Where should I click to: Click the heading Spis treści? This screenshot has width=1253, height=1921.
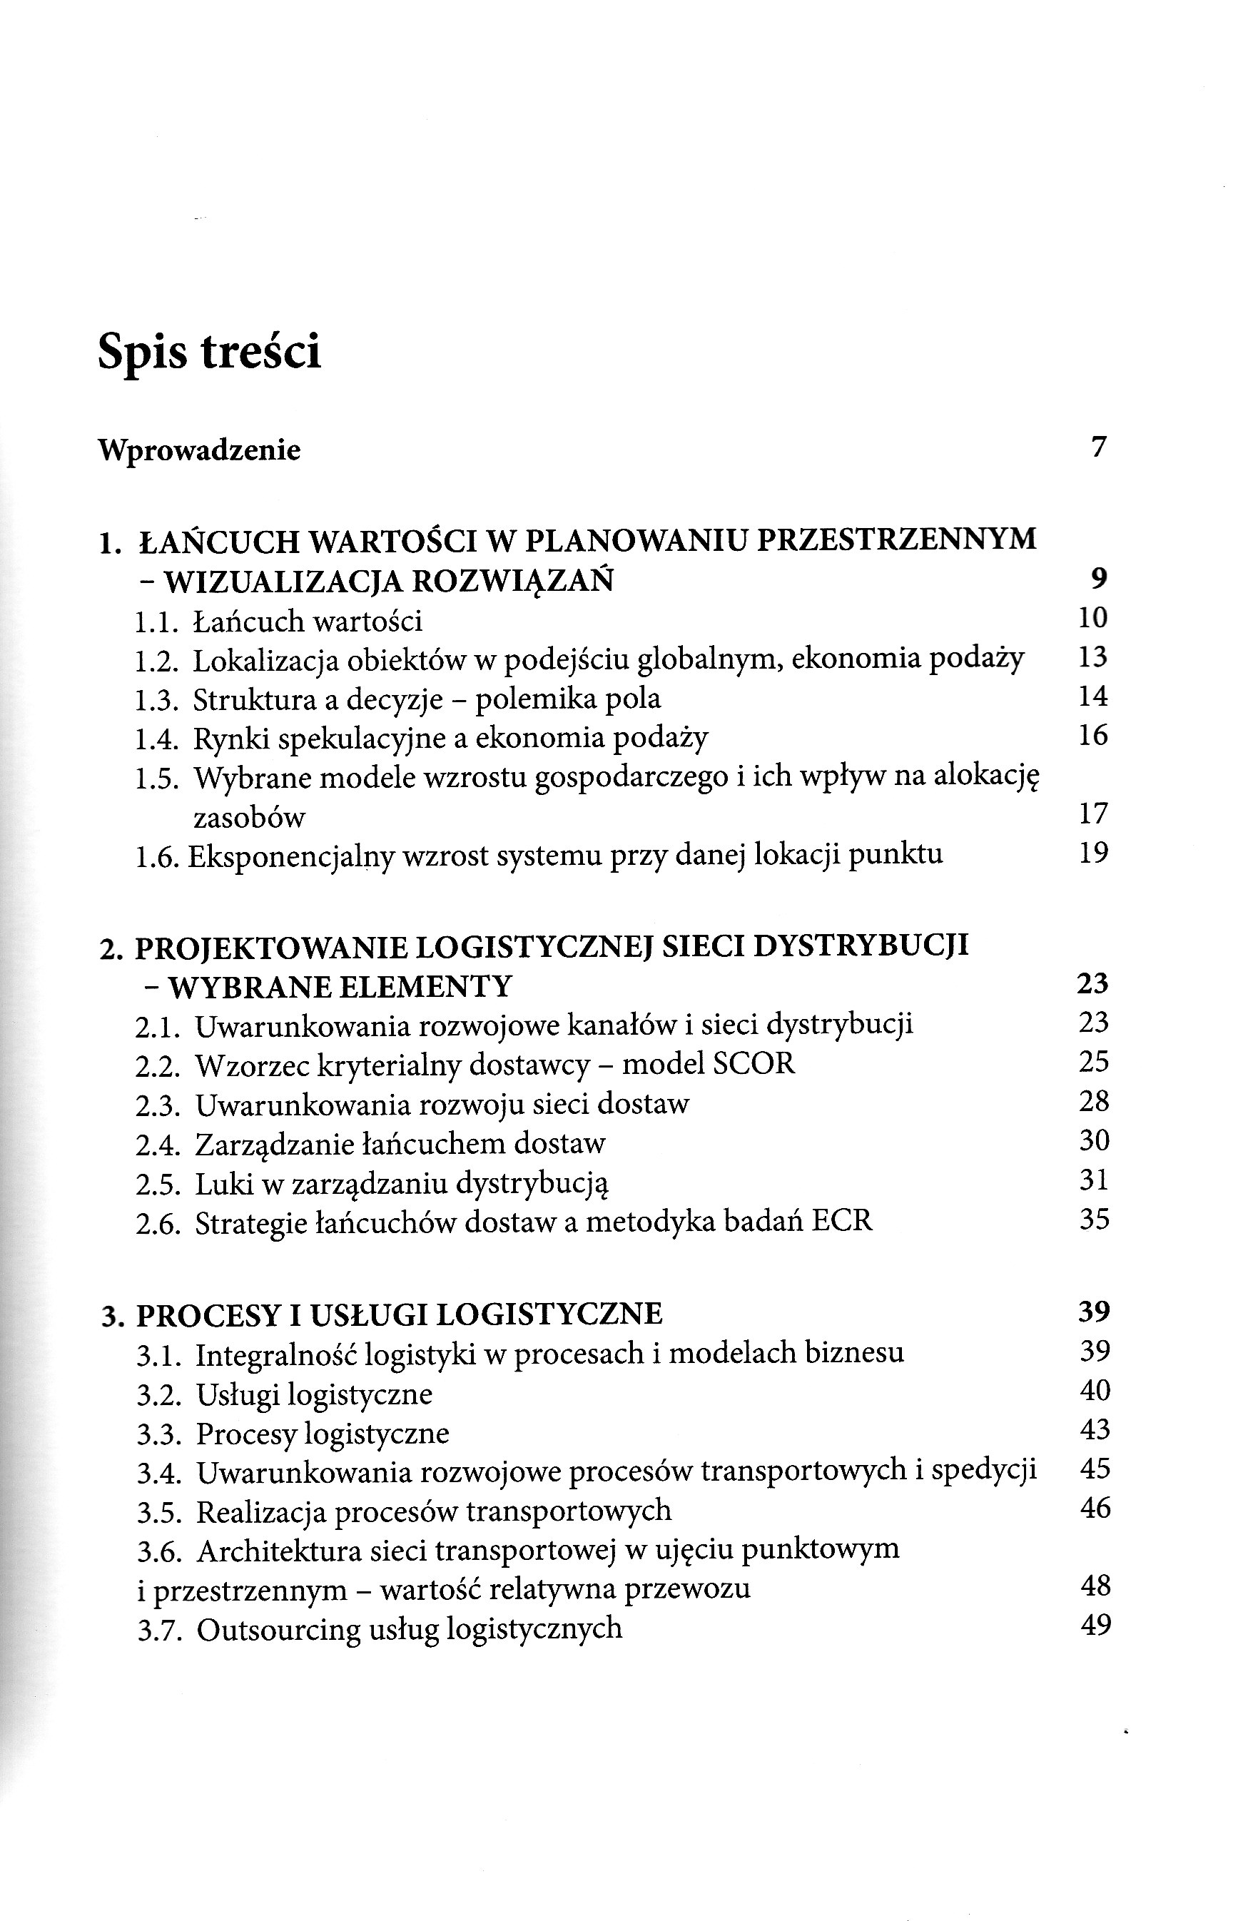209,352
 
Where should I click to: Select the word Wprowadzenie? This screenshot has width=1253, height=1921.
198,450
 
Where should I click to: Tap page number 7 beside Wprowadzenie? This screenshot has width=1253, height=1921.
1098,446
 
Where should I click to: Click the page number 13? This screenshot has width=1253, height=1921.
1093,657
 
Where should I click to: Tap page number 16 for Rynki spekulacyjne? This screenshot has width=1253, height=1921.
1093,735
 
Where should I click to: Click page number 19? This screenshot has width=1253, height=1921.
1094,852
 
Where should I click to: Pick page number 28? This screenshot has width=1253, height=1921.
1094,1101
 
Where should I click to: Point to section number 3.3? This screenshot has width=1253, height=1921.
158,1434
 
